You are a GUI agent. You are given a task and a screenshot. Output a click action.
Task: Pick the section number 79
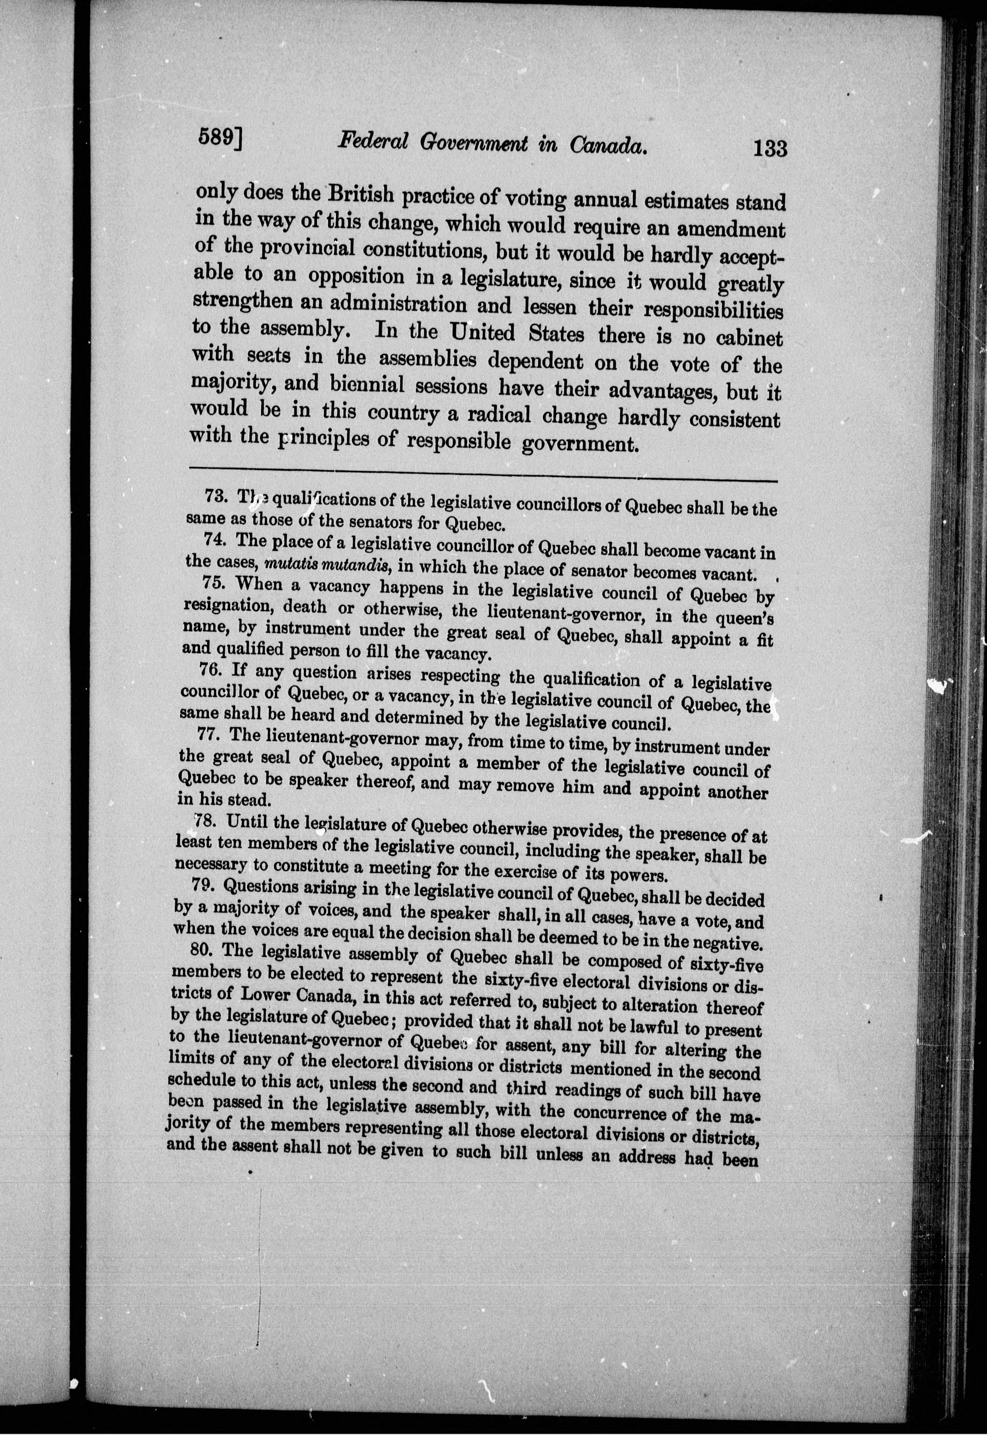205,885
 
